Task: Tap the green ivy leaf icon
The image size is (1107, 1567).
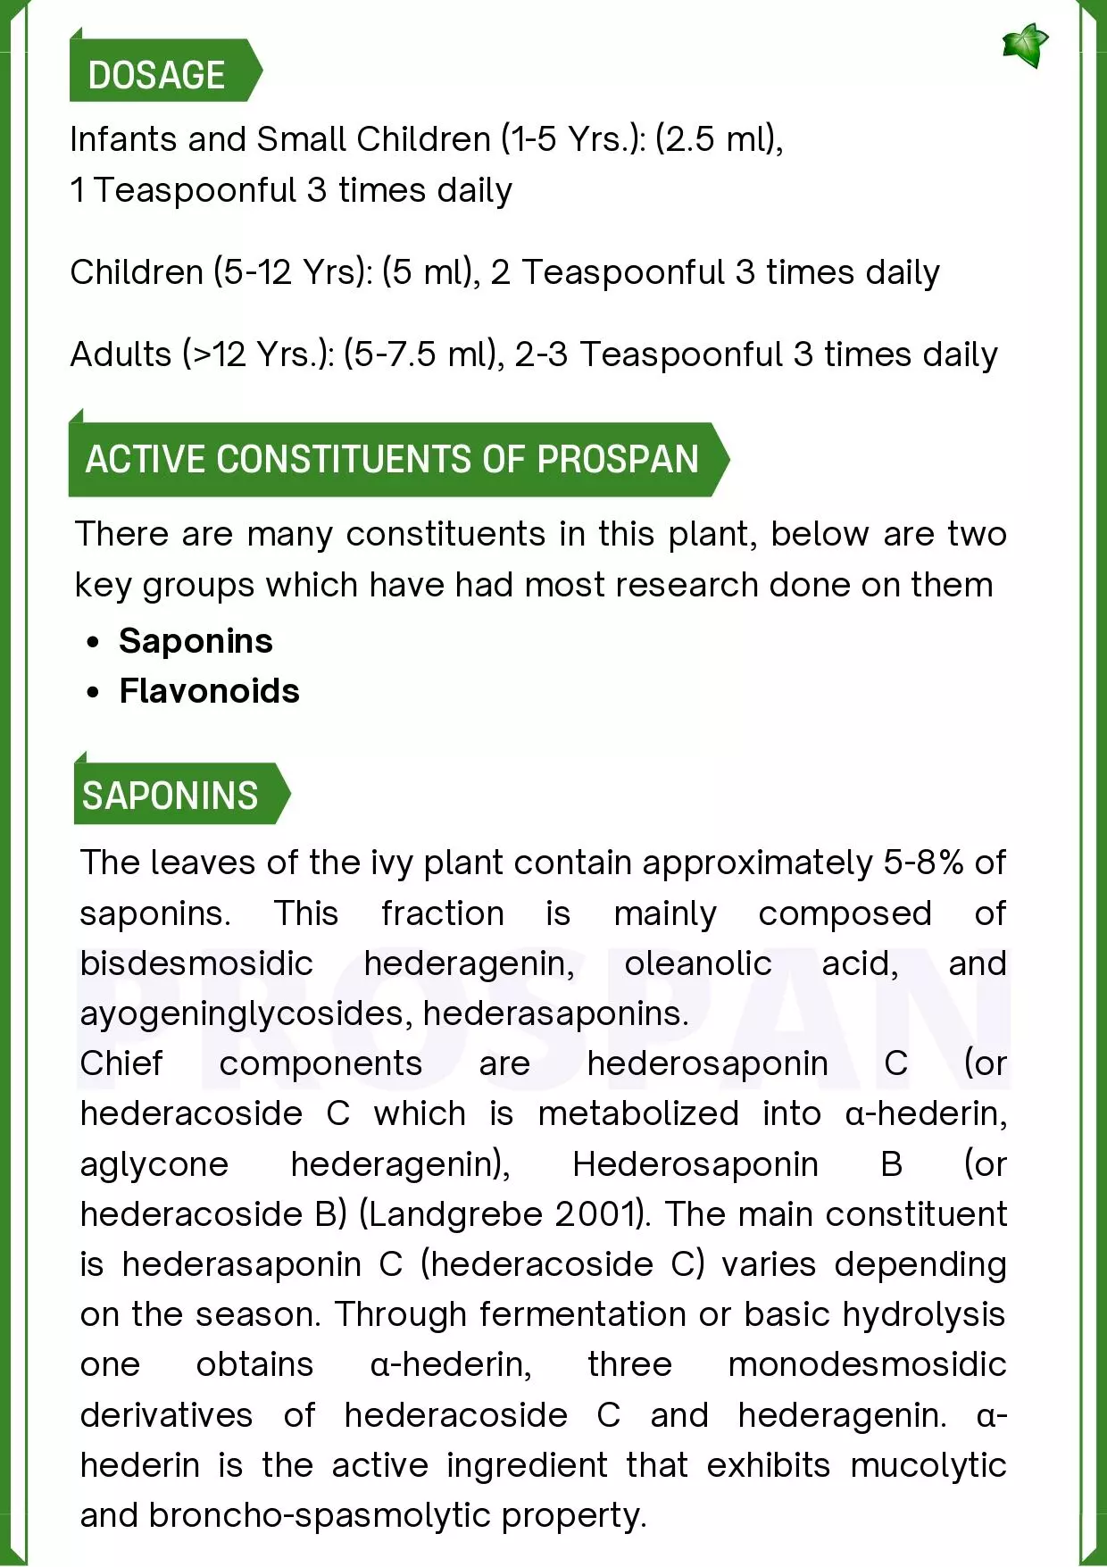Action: pos(1024,46)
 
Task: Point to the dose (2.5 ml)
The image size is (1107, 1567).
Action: pos(718,139)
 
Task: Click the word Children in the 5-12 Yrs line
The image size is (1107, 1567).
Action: pos(137,272)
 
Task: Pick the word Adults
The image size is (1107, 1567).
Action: pos(121,354)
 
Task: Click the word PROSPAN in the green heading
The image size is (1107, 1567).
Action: pos(618,459)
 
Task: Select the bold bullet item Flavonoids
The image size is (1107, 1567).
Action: pos(210,691)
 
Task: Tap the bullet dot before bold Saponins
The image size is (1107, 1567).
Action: pos(93,642)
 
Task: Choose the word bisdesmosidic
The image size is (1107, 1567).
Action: pos(196,963)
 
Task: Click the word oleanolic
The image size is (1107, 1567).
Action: pos(697,963)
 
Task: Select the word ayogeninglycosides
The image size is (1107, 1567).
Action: pos(246,1013)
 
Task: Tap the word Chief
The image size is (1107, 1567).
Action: pos(121,1063)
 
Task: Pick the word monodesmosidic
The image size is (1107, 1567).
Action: pos(867,1364)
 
